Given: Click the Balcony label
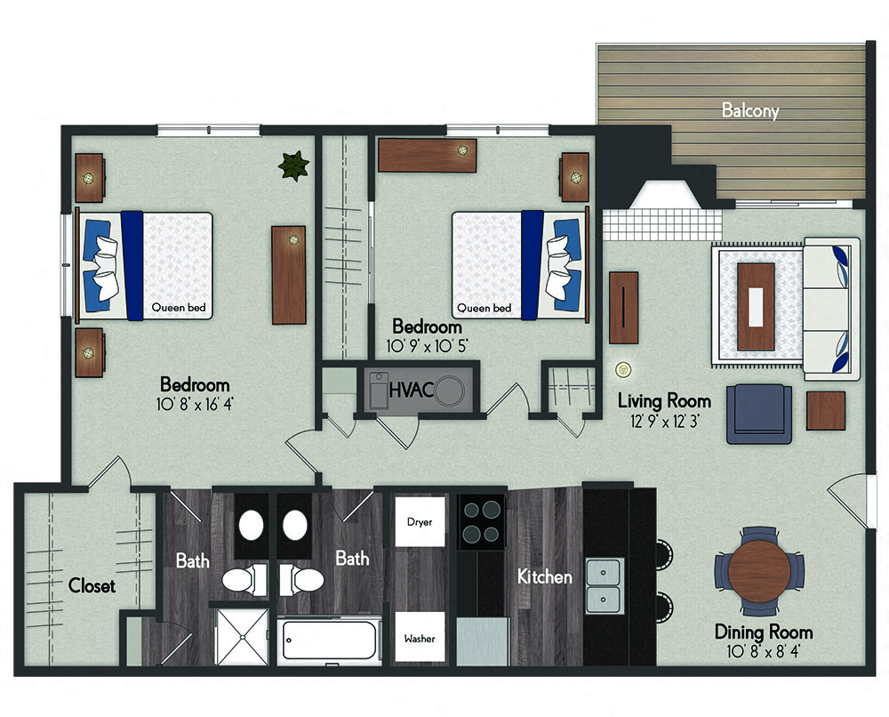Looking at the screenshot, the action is coord(750,110).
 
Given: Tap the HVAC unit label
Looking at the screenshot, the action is coord(412,391).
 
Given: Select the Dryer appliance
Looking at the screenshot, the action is coord(420,522).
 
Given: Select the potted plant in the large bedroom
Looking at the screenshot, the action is coord(293,165).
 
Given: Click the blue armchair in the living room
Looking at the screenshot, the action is coord(759,414).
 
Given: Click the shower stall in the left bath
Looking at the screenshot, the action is coord(242,636).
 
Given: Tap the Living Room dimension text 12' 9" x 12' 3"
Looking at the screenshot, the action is coord(664,422).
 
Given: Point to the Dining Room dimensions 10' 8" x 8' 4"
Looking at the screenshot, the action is coord(763,651).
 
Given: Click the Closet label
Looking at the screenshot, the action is coord(92,585).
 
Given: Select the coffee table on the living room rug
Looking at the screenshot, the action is coord(756,306).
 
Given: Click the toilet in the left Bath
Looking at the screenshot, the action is coord(244,580).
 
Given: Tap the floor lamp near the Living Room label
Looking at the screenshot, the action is coord(624,369).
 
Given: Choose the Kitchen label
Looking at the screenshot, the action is coord(545,576).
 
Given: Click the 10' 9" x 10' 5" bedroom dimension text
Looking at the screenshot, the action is coord(427,346).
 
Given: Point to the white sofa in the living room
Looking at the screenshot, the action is coord(832,310).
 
